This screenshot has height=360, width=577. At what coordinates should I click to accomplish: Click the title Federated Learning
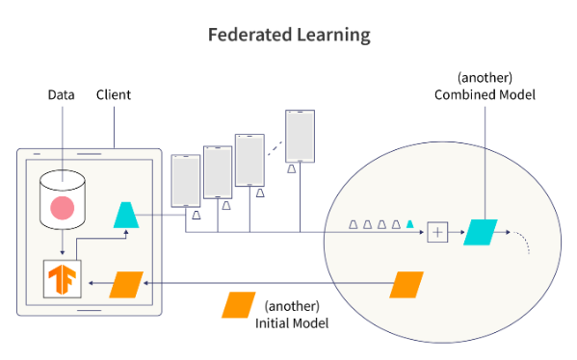point(289,35)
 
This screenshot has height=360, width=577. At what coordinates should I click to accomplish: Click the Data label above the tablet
point(62,95)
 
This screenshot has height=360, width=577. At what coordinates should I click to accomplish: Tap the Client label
point(114,95)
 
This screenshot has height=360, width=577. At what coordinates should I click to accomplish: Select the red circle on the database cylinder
point(63,206)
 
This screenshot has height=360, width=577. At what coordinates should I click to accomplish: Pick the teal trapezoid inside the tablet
point(128,216)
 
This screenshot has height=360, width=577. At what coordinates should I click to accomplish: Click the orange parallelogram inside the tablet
point(127,284)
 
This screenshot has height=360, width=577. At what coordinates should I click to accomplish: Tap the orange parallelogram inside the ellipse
point(407,284)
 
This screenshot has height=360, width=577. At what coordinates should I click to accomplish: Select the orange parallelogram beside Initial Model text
point(239,305)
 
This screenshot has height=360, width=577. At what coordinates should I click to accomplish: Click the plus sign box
point(438,231)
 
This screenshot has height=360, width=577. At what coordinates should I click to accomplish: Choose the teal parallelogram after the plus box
point(479,231)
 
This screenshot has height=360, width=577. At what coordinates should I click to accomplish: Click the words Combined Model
point(485,94)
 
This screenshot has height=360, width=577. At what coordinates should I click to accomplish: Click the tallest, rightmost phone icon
point(300,135)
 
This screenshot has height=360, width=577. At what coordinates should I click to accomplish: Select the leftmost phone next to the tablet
point(185,180)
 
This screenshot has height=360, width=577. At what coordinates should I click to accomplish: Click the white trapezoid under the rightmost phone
point(290,168)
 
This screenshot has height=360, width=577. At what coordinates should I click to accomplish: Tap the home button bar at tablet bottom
point(89,311)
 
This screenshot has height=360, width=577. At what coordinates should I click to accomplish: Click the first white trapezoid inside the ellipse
point(354,225)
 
